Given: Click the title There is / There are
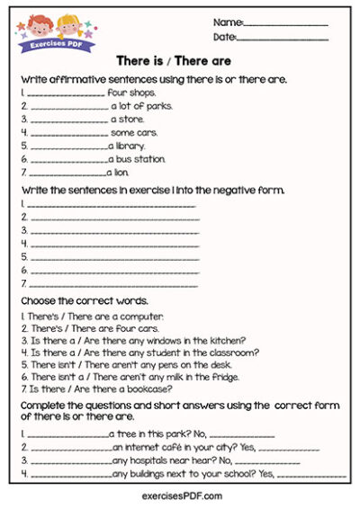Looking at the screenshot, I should point(174,61).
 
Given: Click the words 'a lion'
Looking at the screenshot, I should point(121,173).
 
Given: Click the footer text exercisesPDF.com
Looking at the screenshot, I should point(181,496).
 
